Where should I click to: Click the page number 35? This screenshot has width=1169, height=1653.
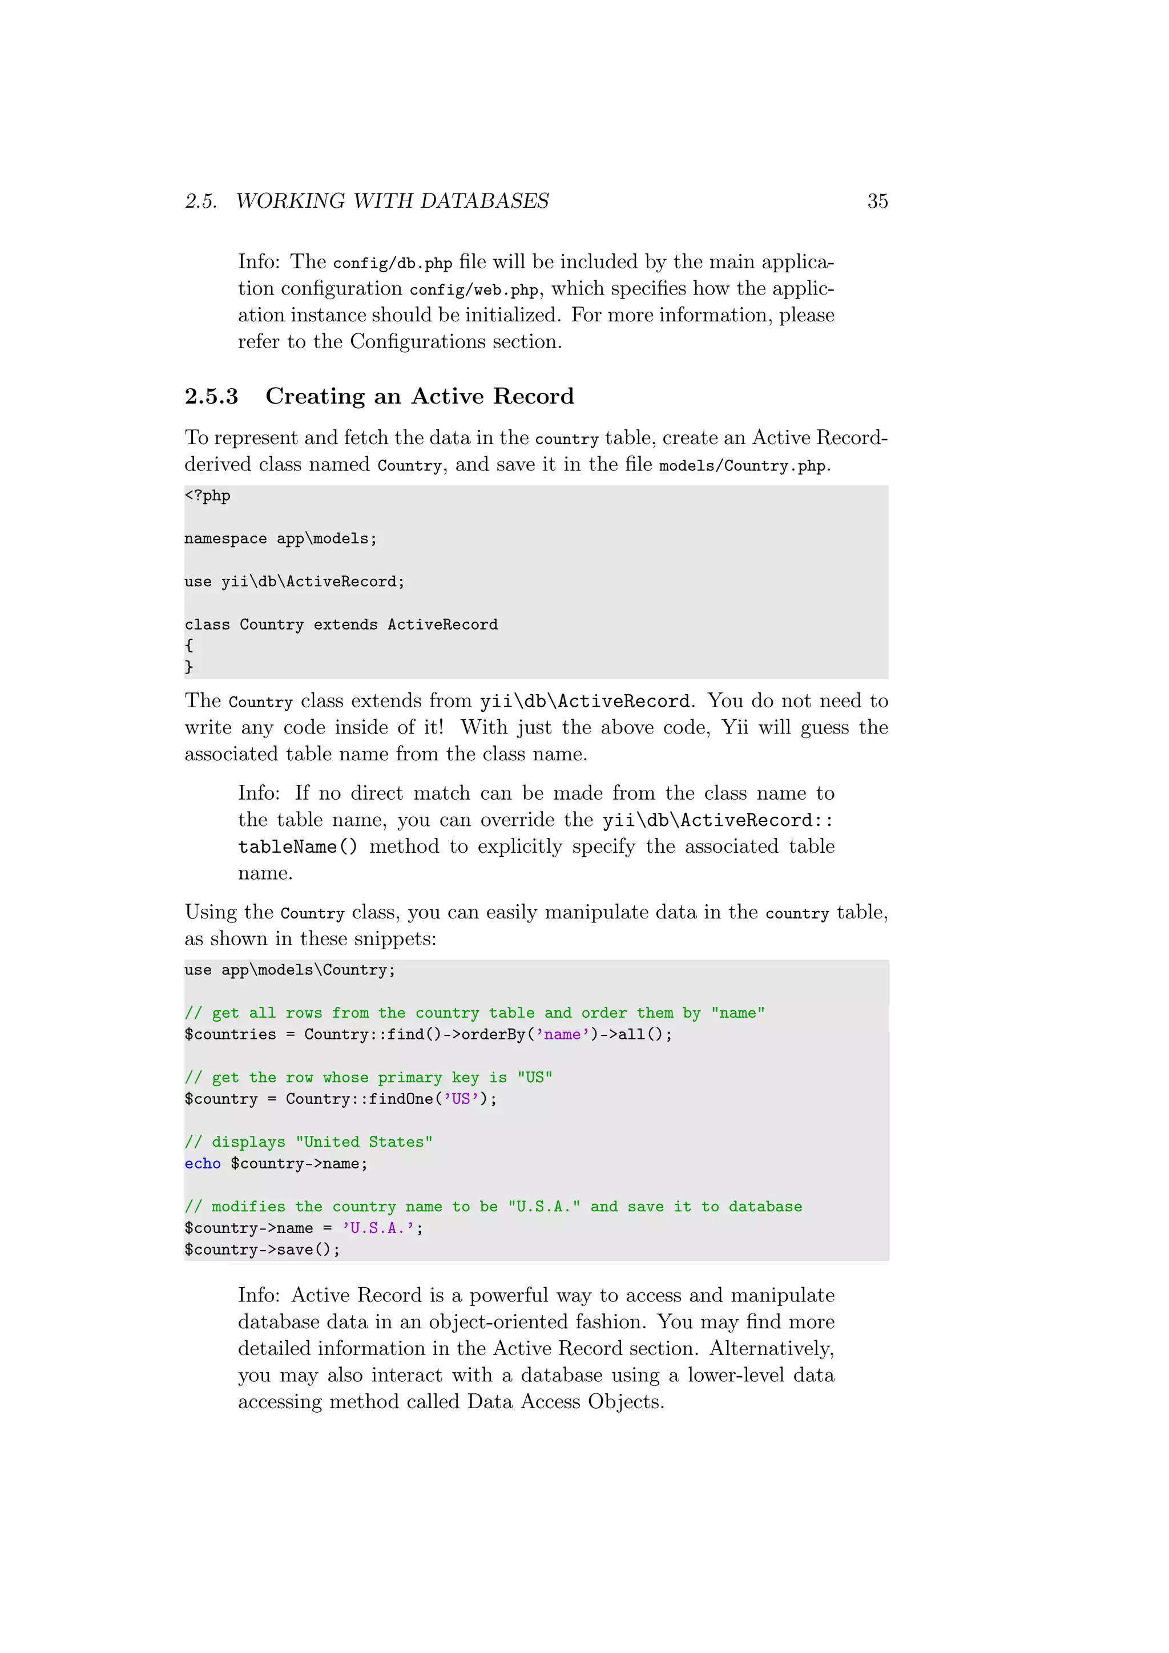pyautogui.click(x=877, y=201)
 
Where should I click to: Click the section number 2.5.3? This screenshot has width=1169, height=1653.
pyautogui.click(x=211, y=396)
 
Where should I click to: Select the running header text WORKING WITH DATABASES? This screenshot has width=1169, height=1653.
pyautogui.click(x=392, y=201)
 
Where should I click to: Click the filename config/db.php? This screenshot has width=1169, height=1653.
pyautogui.click(x=392, y=264)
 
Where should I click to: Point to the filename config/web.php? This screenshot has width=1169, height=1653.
pyautogui.click(x=474, y=290)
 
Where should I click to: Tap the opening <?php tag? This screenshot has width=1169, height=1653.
pyautogui.click(x=207, y=495)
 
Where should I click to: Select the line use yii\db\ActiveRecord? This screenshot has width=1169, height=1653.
pyautogui.click(x=294, y=582)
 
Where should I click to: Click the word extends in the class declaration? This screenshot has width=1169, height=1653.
pyautogui.click(x=345, y=624)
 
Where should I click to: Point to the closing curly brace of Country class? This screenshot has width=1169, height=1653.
pyautogui.click(x=188, y=667)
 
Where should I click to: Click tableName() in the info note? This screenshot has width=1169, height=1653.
pyautogui.click(x=297, y=848)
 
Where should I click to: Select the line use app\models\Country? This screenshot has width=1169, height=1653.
pyautogui.click(x=289, y=970)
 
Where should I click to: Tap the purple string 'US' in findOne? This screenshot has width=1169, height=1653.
pyautogui.click(x=461, y=1099)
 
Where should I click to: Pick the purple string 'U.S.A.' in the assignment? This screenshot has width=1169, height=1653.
pyautogui.click(x=378, y=1228)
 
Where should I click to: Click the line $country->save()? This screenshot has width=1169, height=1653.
pyautogui.click(x=262, y=1250)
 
